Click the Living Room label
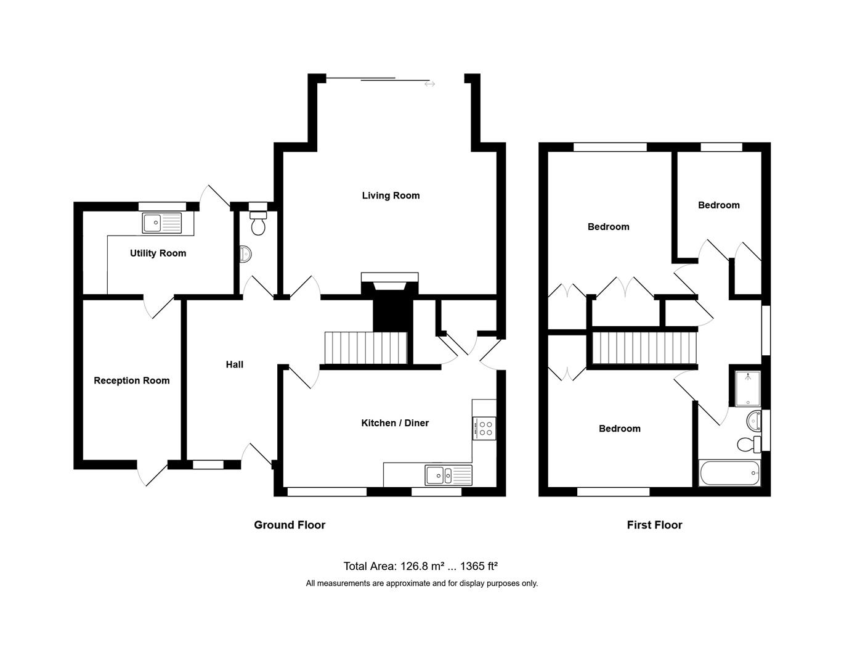[x=391, y=195]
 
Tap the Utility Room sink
[x=162, y=223]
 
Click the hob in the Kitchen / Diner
[x=484, y=428]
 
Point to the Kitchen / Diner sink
[x=448, y=475]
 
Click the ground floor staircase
[x=366, y=348]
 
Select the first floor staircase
[x=644, y=348]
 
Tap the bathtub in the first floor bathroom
[x=729, y=474]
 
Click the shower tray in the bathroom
[x=747, y=388]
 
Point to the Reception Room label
[x=131, y=380]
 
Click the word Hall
[x=234, y=364]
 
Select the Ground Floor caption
[x=290, y=525]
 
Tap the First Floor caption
[x=654, y=525]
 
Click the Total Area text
[x=420, y=565]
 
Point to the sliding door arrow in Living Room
[x=429, y=84]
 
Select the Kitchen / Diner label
[x=394, y=422]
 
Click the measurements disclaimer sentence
[x=421, y=583]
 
